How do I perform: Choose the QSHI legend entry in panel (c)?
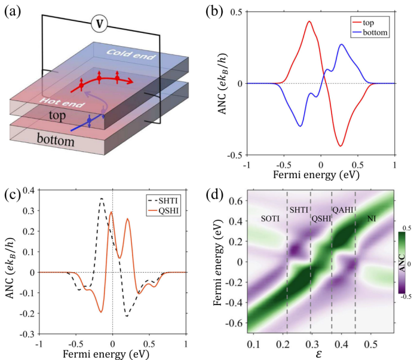(x=162, y=209)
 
